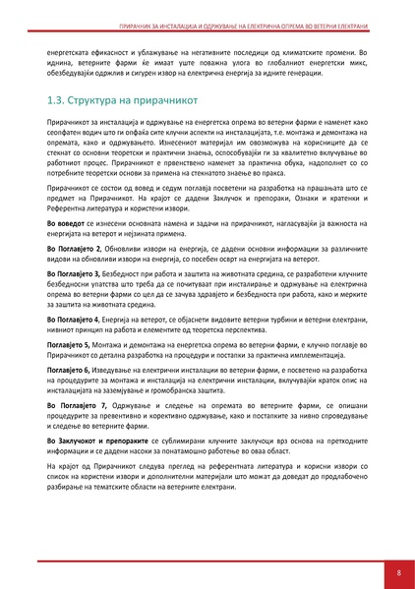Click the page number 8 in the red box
coord(398,570)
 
